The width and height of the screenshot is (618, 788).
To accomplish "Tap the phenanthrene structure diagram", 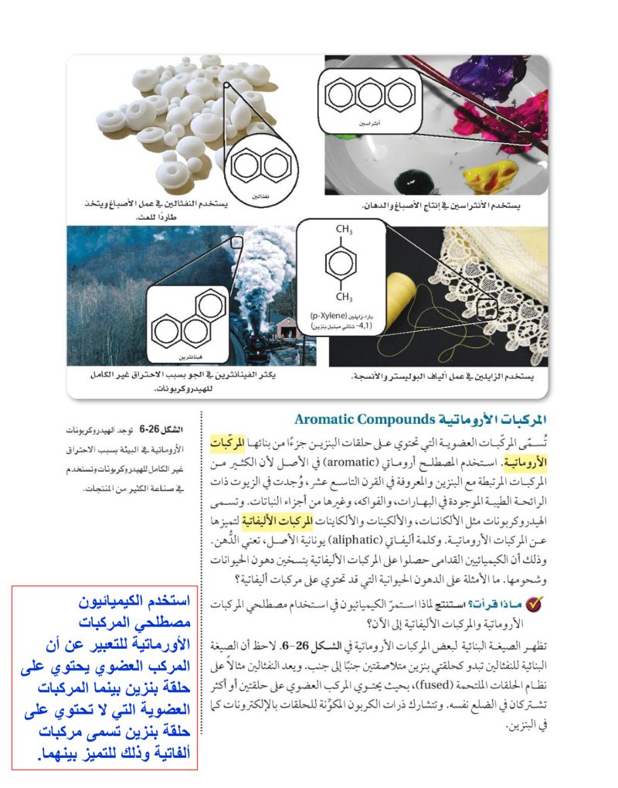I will pyautogui.click(x=188, y=320).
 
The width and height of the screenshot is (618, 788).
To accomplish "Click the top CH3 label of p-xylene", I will pyautogui.click(x=345, y=230).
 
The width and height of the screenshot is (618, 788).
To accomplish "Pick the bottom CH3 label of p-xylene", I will pyautogui.click(x=345, y=297).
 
